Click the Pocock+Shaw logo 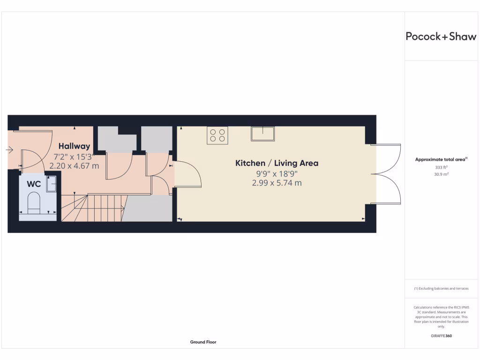[441, 37]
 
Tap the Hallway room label [74, 146]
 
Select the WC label [34, 184]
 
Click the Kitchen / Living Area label [277, 163]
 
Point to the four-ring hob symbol [217, 135]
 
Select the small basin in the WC [51, 183]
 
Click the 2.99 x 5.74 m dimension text [277, 183]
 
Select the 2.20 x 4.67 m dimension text [74, 165]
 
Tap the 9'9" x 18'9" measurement [277, 173]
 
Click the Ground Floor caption [203, 342]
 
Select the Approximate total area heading [442, 159]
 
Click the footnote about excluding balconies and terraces [441, 288]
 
